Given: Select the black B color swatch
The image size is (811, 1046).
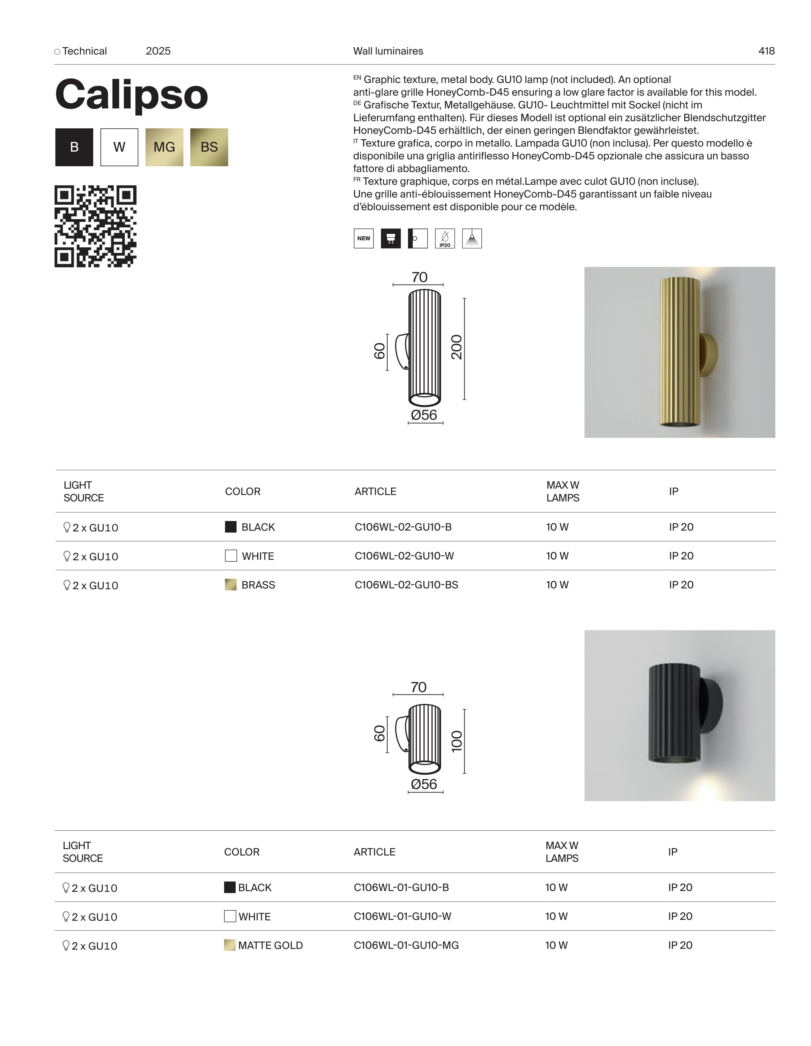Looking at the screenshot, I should pos(74,147).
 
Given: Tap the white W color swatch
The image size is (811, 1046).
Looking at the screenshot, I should pos(119,147).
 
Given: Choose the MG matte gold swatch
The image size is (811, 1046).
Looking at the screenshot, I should pos(164,147).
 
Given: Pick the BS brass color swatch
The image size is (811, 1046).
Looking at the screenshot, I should pos(209,147).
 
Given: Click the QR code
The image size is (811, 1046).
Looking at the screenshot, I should pos(95,226).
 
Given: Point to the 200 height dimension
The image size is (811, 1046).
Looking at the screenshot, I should pos(457,347).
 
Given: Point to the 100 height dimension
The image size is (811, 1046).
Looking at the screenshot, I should pos(457,741).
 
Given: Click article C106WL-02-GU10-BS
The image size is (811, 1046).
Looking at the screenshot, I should pos(406,585).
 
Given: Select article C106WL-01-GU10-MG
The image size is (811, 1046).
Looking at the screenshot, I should pos(406,945).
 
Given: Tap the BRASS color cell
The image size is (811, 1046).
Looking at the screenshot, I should pos(258,585).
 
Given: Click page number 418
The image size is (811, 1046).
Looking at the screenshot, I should pos(766,51).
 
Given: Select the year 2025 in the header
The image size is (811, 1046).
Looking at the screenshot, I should pos(158,51).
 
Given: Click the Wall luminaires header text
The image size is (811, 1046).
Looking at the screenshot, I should pos(388,51).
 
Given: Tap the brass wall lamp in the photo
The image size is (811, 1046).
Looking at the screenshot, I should pos(680,352).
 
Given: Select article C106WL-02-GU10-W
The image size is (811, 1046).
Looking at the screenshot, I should pos(404,556).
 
